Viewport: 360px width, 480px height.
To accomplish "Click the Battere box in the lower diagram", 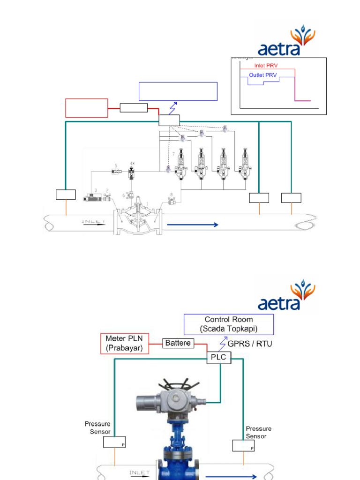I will click(x=178, y=343).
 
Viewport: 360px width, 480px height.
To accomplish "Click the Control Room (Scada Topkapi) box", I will click(x=229, y=324).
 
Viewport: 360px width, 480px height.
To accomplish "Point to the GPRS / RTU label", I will click(x=249, y=344).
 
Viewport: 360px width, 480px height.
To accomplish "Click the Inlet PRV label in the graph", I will click(x=266, y=66).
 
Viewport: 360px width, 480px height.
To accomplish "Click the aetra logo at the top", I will click(x=286, y=42).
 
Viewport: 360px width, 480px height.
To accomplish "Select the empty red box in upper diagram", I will click(x=87, y=108).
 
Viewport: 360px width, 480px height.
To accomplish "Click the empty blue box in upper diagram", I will click(x=178, y=91).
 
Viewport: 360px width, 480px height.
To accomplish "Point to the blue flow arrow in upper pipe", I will click(x=193, y=225).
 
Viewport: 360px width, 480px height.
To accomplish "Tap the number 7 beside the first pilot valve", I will click(x=173, y=154).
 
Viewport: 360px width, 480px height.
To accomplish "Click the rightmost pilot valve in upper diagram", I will click(x=245, y=164).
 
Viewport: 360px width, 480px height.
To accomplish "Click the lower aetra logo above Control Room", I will click(x=286, y=296).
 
